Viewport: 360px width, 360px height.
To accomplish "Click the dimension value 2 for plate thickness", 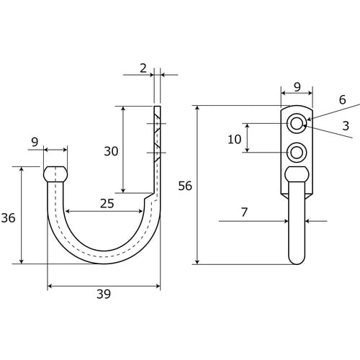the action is (x=143, y=68).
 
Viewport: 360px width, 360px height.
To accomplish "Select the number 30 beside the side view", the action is (x=111, y=151).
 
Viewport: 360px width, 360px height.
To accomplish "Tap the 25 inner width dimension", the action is (x=107, y=204).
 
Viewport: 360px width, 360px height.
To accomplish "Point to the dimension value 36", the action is (x=9, y=218).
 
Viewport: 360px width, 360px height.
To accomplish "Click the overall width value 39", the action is (x=104, y=294).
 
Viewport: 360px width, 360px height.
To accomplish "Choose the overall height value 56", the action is (x=185, y=186).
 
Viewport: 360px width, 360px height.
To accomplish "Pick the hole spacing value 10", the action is (x=235, y=139).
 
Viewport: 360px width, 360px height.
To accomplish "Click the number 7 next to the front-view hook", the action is (x=244, y=212).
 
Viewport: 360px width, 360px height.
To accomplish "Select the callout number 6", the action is (x=343, y=99).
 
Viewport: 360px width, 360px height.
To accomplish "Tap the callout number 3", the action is (x=346, y=126).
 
